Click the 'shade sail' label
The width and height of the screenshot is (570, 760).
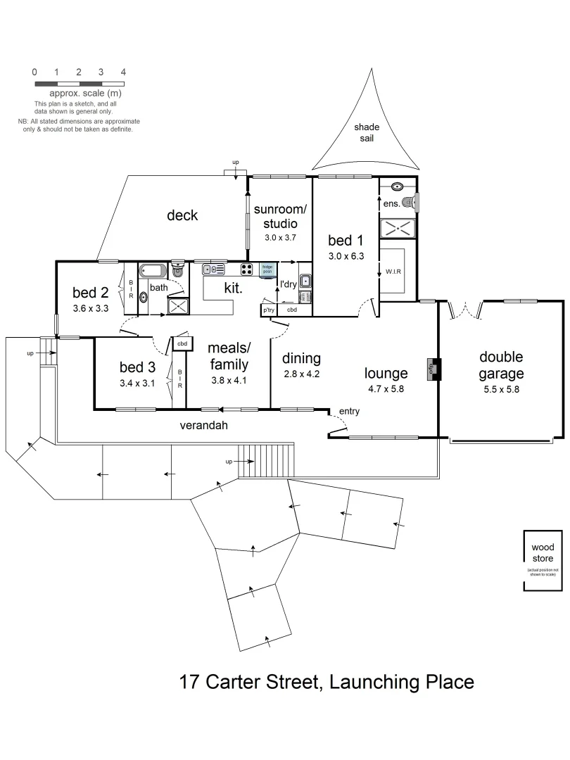(x=366, y=132)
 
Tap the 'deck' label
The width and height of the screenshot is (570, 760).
(x=182, y=215)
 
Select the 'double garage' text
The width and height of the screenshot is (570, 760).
(x=501, y=365)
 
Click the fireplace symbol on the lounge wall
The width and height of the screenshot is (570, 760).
(x=431, y=369)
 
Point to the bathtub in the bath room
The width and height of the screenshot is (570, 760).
(x=153, y=271)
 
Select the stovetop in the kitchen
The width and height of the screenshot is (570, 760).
(x=247, y=269)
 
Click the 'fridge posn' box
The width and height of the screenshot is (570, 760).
(x=267, y=270)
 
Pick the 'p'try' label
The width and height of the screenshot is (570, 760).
(x=268, y=310)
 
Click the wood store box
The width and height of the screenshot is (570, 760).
(x=542, y=560)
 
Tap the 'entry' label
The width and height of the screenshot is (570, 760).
(x=350, y=411)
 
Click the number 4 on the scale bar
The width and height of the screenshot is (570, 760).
(x=123, y=72)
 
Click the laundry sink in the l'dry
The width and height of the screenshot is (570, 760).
(x=305, y=281)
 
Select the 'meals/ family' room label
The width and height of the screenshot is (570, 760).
(x=229, y=357)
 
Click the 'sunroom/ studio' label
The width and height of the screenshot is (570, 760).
(x=281, y=217)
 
